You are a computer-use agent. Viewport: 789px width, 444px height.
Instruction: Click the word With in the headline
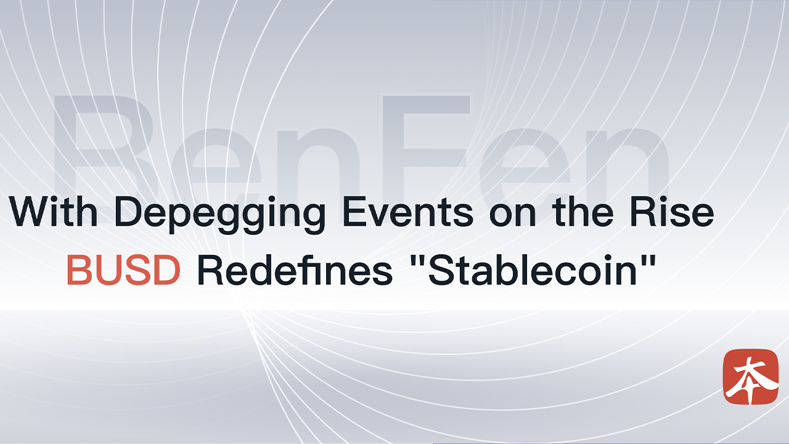54,212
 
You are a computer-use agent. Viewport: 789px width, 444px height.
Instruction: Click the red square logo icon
751,376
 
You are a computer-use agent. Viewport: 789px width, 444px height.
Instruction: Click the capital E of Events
354,212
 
